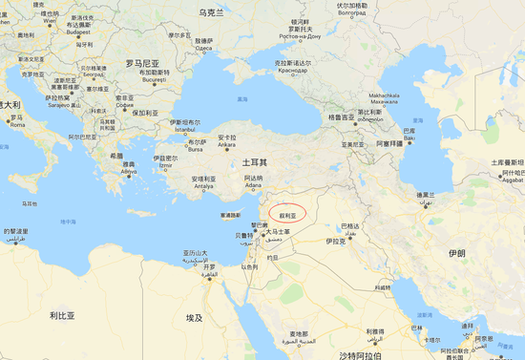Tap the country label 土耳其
click(254, 162)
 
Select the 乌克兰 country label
click(210, 13)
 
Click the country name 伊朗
click(455, 253)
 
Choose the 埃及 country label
click(195, 317)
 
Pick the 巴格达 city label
click(351, 229)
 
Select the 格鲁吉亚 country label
click(341, 116)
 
